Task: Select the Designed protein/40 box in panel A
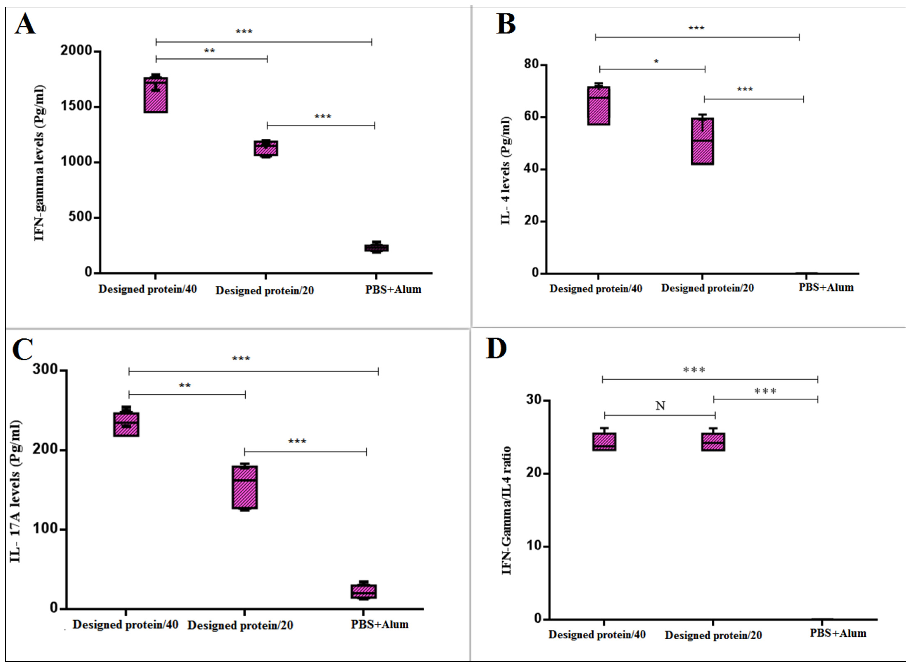coord(156,95)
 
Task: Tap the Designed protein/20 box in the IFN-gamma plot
coord(266,148)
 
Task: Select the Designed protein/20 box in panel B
coord(702,141)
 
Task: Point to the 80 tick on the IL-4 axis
coord(532,64)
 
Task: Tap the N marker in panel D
coord(660,406)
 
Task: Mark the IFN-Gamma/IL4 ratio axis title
coord(507,510)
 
